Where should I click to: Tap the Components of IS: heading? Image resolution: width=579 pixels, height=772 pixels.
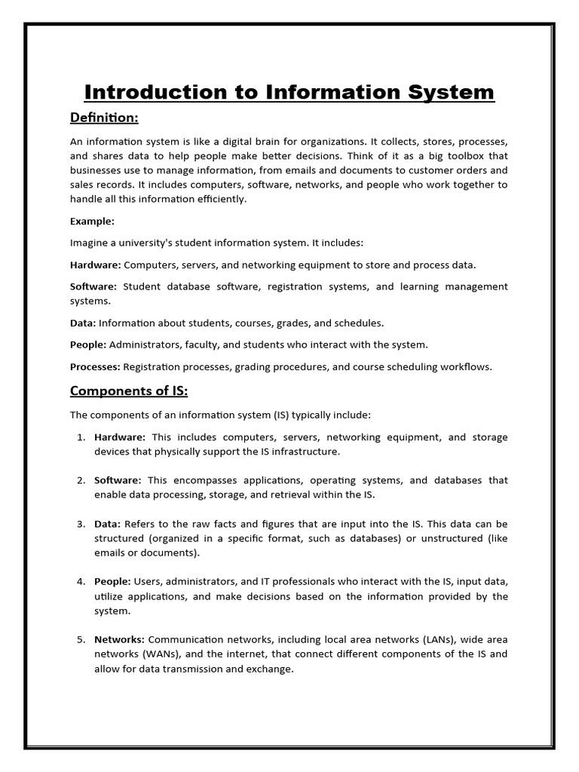128,391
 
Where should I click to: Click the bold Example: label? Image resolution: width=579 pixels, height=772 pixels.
92,221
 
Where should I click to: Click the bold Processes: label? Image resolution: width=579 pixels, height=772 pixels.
95,366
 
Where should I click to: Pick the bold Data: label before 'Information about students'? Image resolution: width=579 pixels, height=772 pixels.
82,323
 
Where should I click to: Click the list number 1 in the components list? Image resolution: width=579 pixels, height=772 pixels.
81,437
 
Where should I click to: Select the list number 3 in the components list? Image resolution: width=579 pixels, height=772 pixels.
81,524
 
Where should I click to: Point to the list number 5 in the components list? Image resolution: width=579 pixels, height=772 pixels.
81,639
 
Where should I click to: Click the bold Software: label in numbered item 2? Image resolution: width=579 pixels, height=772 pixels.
118,480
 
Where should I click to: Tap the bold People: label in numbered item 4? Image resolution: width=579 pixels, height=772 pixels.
112,581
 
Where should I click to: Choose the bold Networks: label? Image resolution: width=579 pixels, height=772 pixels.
119,639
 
